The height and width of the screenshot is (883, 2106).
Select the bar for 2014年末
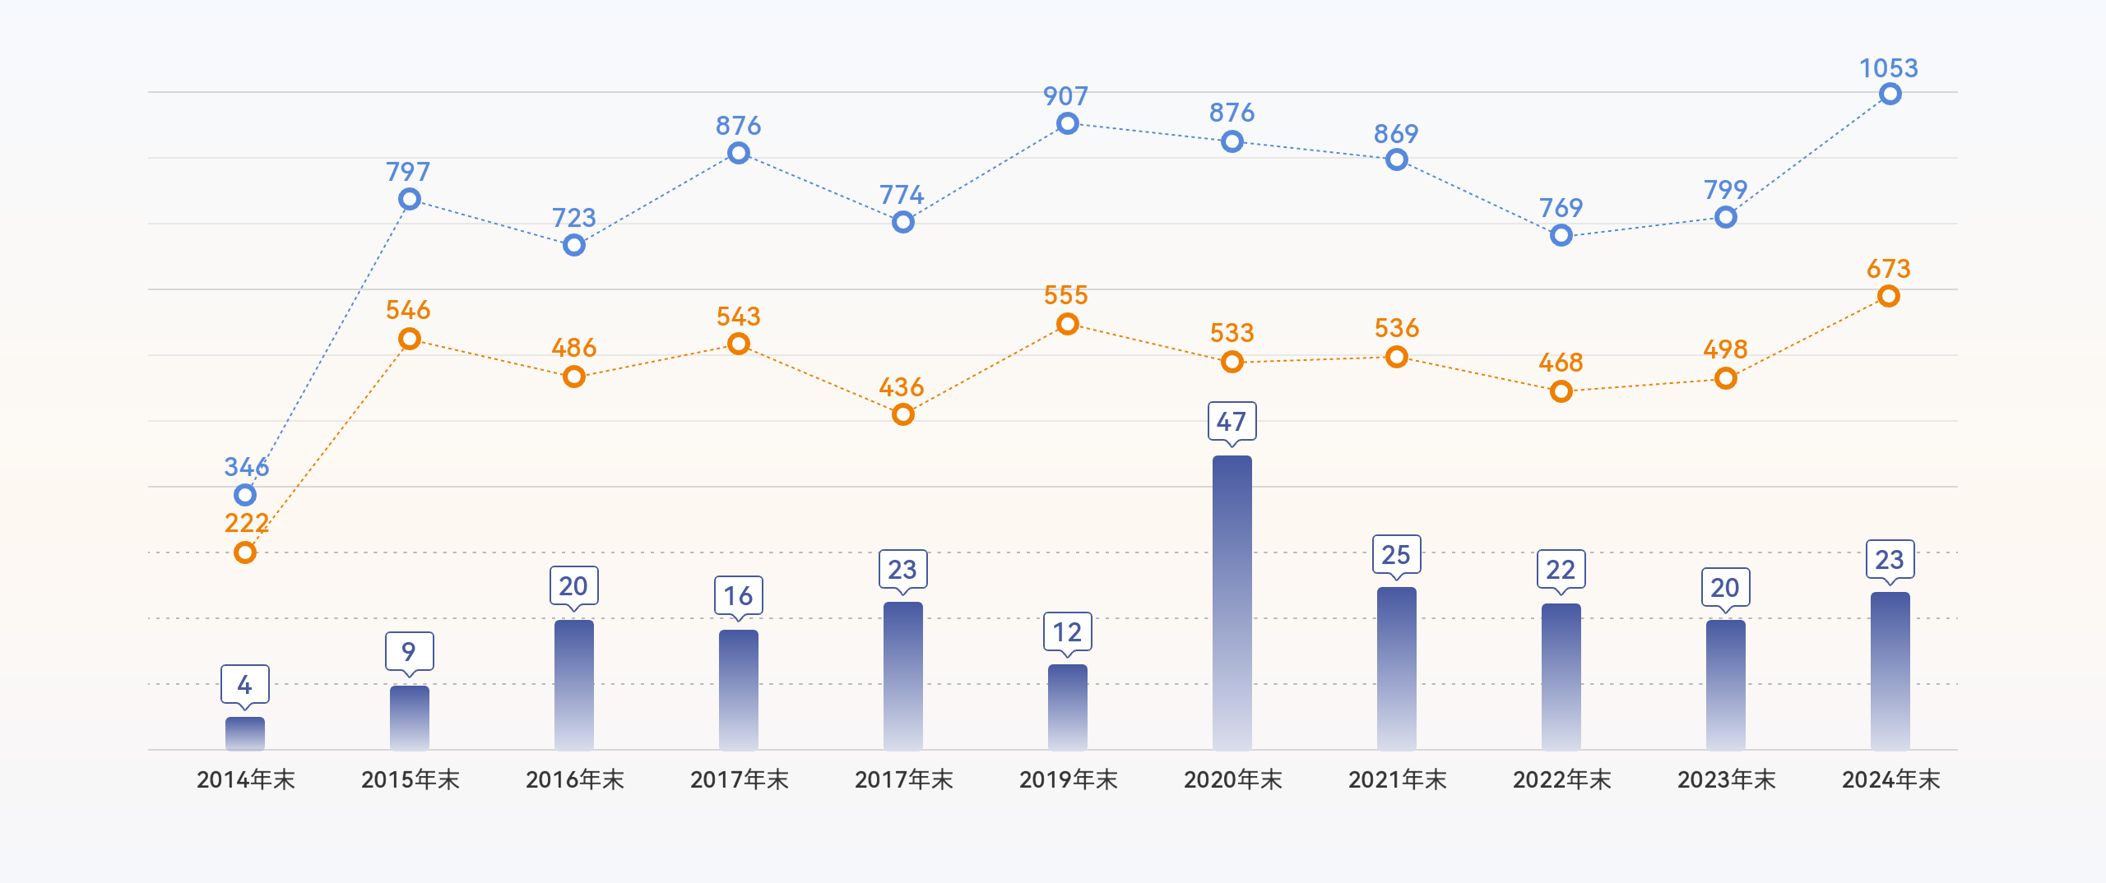coord(245,733)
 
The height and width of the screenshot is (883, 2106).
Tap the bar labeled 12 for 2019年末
coord(1067,707)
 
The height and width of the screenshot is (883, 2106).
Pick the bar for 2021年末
coord(1396,668)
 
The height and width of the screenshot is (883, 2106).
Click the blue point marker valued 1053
coord(1890,95)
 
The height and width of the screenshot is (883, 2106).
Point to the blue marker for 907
coord(1068,124)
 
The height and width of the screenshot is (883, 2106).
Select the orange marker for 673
coord(1889,296)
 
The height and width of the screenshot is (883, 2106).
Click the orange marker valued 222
coord(245,552)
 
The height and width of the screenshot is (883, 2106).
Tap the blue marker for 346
coord(245,495)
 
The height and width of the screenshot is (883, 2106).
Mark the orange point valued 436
coord(903,414)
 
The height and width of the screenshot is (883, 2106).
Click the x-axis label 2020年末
coord(1232,779)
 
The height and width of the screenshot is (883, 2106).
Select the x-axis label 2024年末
coord(1890,779)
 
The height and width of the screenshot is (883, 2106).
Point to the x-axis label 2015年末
coord(410,779)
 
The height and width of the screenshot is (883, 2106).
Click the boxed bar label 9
coord(409,652)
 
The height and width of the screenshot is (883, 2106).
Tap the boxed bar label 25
coord(1396,555)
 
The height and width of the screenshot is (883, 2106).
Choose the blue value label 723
coord(573,218)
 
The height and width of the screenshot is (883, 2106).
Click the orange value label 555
coord(1066,295)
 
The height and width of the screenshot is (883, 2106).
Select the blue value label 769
coord(1561,208)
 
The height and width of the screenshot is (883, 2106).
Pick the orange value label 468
coord(1561,363)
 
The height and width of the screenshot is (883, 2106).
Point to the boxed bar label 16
coord(738,596)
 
